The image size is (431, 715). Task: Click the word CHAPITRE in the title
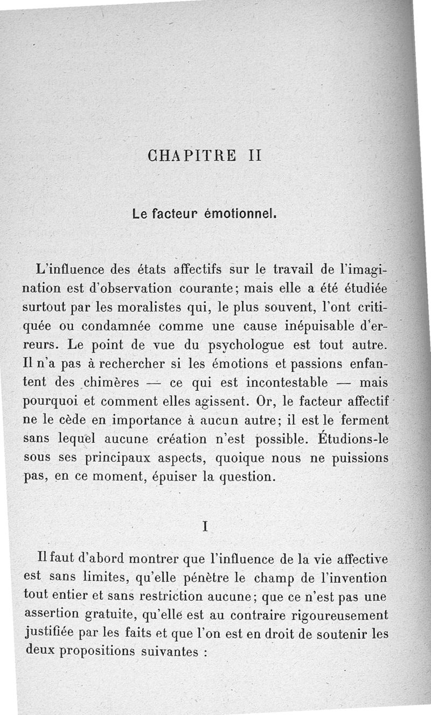click(191, 156)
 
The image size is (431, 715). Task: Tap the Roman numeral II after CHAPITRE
click(255, 156)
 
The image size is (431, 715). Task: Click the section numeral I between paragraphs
click(205, 527)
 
